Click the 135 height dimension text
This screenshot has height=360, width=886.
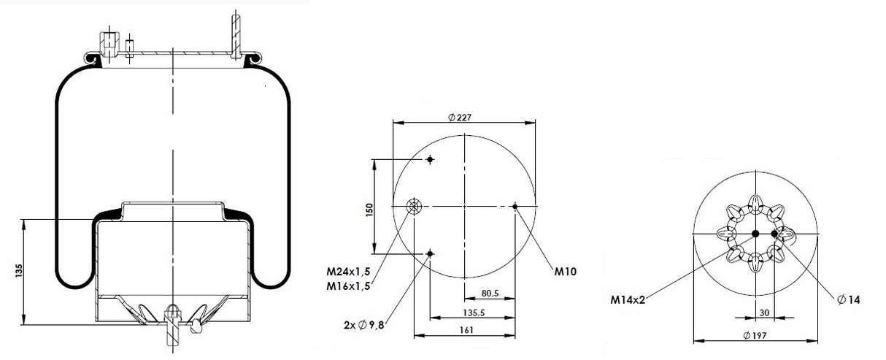click(17, 272)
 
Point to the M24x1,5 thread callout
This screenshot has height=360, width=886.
click(348, 272)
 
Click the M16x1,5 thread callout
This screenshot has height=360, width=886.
click(348, 286)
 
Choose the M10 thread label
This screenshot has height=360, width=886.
click(566, 272)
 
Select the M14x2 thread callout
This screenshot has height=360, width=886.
click(628, 298)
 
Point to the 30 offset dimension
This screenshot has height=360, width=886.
click(764, 313)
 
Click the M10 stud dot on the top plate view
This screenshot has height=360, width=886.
click(515, 206)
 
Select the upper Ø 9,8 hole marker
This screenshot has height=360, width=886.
click(431, 160)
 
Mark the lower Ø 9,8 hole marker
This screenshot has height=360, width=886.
click(431, 253)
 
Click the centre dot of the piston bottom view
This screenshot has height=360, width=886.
click(755, 234)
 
